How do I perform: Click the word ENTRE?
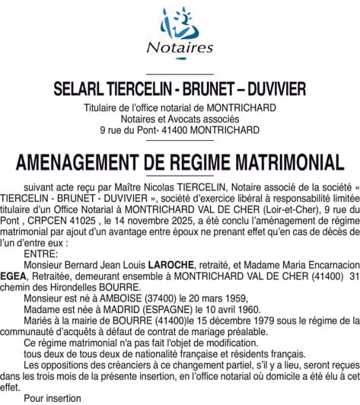pos(40,253)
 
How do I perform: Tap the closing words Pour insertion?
pos(53,398)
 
